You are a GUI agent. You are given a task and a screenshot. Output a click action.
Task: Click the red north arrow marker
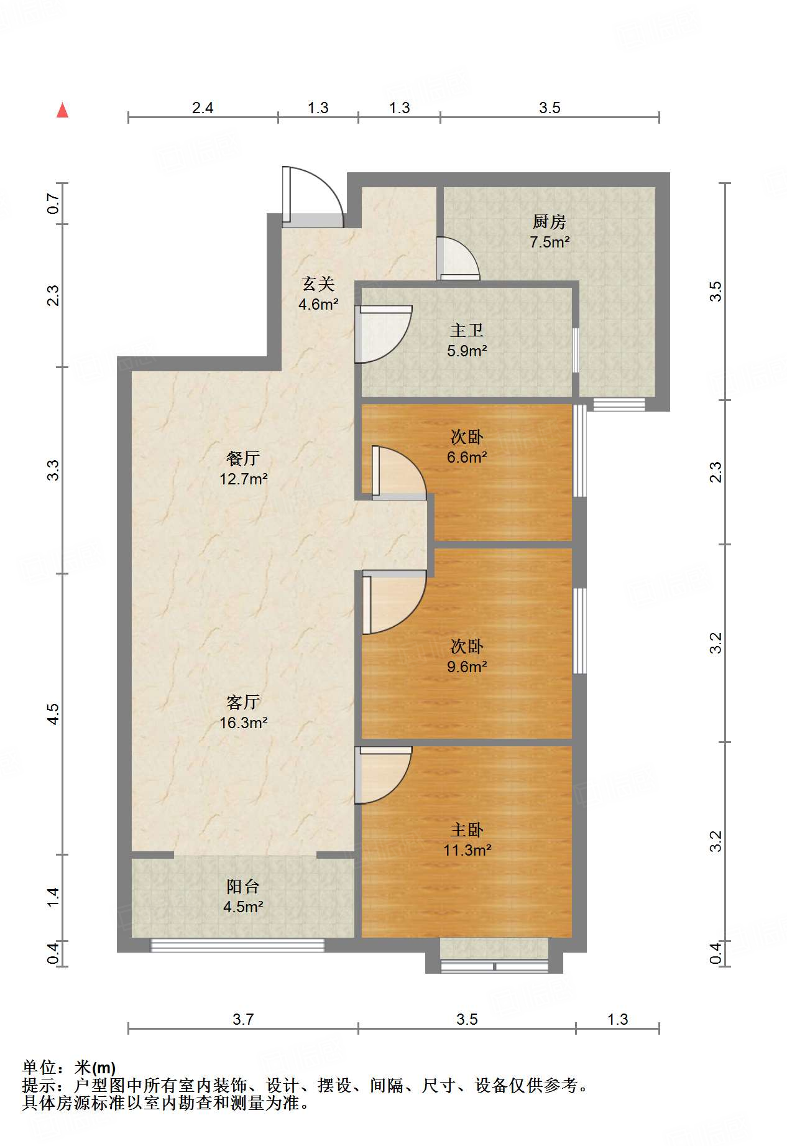pyautogui.click(x=62, y=110)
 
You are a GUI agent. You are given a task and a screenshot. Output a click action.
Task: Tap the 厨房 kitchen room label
pyautogui.click(x=549, y=221)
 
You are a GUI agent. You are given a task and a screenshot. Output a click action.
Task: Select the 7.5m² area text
pyautogui.click(x=550, y=242)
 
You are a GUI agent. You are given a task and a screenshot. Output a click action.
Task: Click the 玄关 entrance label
pyautogui.click(x=318, y=284)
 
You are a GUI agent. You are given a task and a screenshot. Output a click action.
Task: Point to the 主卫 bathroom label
pyautogui.click(x=467, y=330)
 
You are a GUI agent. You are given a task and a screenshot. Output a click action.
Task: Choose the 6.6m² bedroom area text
pyautogui.click(x=467, y=457)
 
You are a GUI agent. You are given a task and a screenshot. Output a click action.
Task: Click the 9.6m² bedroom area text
pyautogui.click(x=467, y=667)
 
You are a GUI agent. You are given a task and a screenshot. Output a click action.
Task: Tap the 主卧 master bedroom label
pyautogui.click(x=467, y=829)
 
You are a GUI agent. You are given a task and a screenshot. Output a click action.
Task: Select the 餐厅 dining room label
pyautogui.click(x=243, y=458)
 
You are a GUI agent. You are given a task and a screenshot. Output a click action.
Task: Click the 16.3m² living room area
pyautogui.click(x=243, y=723)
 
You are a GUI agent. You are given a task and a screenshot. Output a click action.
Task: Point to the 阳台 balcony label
pyautogui.click(x=243, y=886)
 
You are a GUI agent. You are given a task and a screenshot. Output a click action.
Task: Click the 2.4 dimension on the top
pyautogui.click(x=203, y=108)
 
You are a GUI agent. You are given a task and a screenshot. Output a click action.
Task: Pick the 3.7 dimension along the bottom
pyautogui.click(x=243, y=1019)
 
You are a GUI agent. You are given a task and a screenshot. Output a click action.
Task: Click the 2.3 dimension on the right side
pyautogui.click(x=716, y=472)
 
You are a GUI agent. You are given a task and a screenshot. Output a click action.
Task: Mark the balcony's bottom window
pyautogui.click(x=237, y=945)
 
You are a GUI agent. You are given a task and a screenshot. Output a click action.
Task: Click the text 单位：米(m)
pyautogui.click(x=69, y=1067)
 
